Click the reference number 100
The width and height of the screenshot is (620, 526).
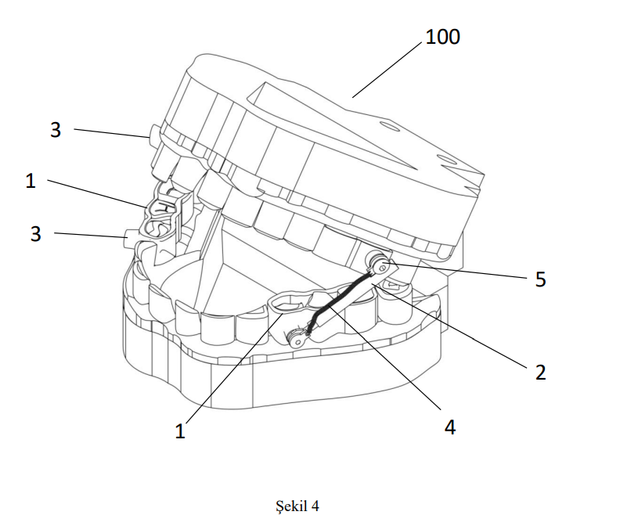pos(442,37)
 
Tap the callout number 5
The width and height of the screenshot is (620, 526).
pos(540,279)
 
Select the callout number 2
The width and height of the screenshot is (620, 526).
pos(539,372)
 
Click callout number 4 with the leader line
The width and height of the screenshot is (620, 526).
pos(448,427)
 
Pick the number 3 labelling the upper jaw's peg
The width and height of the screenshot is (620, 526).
pos(55,130)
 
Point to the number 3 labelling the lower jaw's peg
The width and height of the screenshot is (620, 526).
pos(35,233)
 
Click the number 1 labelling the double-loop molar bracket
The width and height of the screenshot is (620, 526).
pos(31,181)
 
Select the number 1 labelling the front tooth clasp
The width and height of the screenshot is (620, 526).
pos(180,431)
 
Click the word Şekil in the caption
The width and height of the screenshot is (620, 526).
pos(294,506)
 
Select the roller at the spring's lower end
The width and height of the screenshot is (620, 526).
pos(296,339)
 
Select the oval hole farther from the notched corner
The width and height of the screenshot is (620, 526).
pos(389,123)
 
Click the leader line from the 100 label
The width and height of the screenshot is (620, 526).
pos(387,67)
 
